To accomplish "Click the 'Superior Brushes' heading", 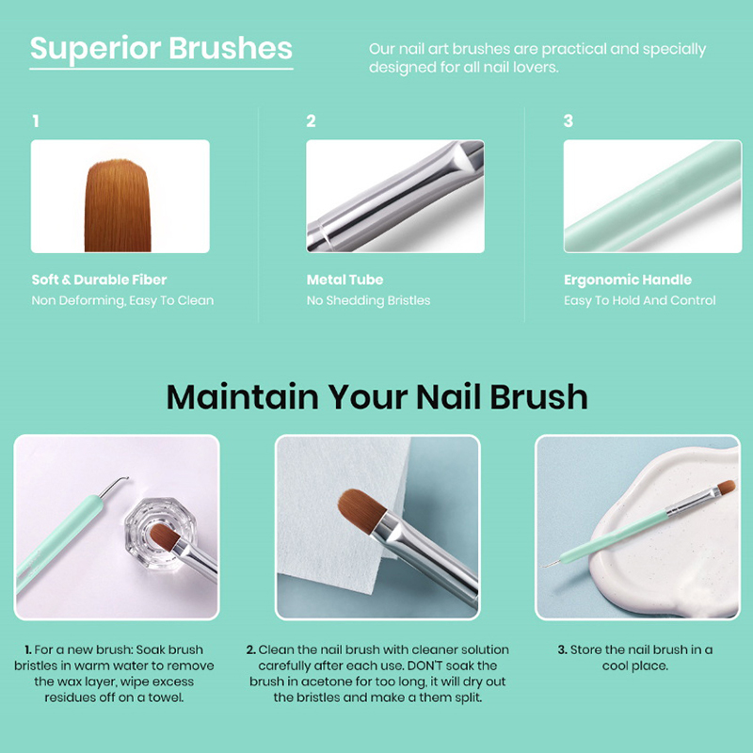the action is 161,50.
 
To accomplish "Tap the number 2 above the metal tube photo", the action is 312,121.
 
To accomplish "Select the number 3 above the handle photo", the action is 569,121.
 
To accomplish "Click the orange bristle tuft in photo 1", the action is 118,205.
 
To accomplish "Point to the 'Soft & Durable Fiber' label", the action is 99,280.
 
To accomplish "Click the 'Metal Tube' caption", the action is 344,280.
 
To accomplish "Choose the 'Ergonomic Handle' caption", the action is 628,280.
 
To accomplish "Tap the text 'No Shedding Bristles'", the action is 368,300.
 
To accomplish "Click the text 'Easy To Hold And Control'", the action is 640,300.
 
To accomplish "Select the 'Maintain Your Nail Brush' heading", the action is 377,397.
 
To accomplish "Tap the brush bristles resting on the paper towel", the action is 361,510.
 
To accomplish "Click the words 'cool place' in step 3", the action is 634,666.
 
